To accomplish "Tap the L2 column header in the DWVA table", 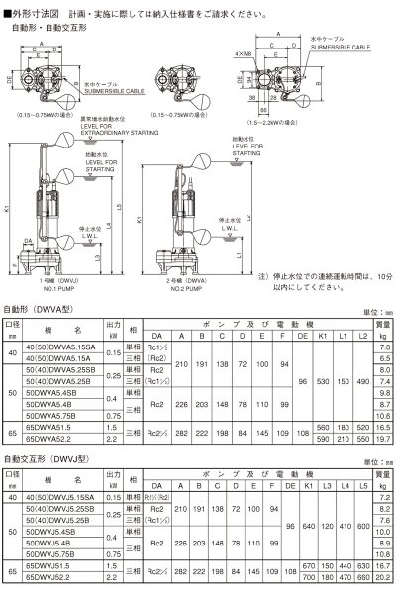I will pos(362,336).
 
